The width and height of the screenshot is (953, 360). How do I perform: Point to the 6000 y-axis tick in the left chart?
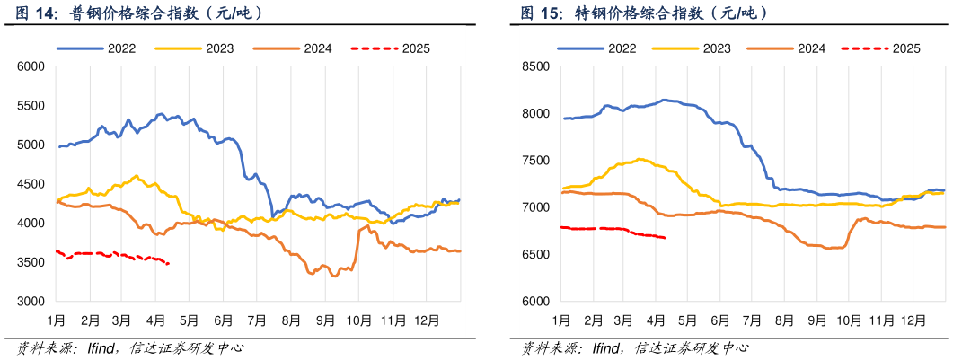pyautogui.click(x=31, y=66)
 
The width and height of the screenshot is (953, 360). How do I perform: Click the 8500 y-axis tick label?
pyautogui.click(x=536, y=66)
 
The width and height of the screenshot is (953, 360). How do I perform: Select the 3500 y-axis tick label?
pyautogui.click(x=31, y=262)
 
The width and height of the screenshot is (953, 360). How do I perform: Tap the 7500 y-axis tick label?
pyautogui.click(x=536, y=161)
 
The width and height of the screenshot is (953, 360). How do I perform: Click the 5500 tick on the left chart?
pyautogui.click(x=31, y=106)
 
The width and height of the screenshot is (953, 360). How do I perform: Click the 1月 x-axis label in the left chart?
pyautogui.click(x=56, y=320)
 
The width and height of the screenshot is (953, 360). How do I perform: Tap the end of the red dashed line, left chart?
pyautogui.click(x=169, y=263)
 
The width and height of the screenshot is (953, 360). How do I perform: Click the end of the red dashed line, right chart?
pyautogui.click(x=665, y=238)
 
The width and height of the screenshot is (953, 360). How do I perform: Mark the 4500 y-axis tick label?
pyautogui.click(x=31, y=184)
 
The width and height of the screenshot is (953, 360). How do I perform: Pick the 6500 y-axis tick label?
pyautogui.click(x=536, y=255)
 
